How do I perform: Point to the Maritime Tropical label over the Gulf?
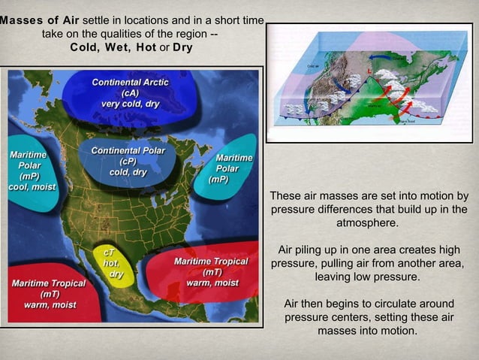click(211, 267)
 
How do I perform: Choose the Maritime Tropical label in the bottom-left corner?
click(49, 289)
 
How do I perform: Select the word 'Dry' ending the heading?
click(182, 47)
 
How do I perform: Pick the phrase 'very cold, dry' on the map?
click(130, 104)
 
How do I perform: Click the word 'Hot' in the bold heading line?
click(147, 47)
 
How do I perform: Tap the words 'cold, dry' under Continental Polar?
click(128, 172)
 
